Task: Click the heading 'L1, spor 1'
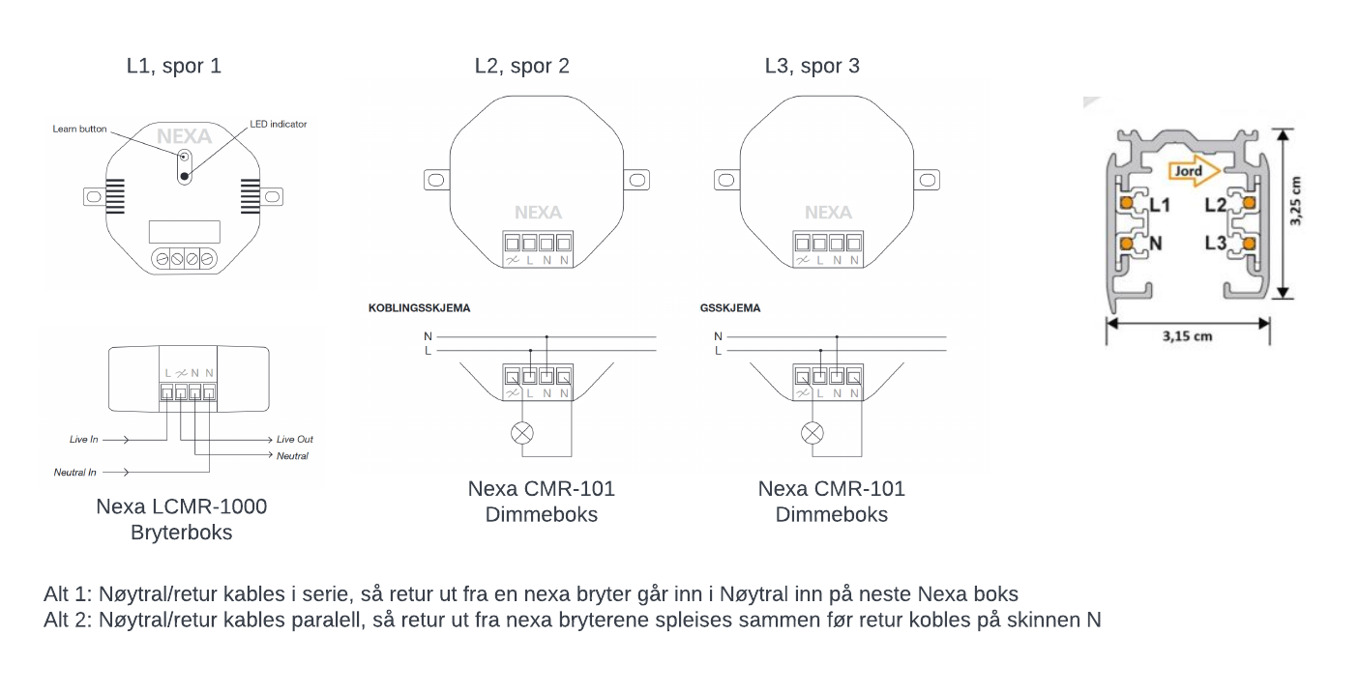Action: coord(173,66)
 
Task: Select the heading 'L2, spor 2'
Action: coord(521,66)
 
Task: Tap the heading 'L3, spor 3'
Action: coord(812,66)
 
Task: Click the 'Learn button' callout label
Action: coord(79,129)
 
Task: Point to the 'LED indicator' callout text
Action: coord(279,124)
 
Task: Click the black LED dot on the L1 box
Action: coord(185,177)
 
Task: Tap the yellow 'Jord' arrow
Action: coord(1194,171)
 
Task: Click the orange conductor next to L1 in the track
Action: coord(1127,203)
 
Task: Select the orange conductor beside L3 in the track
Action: coord(1249,244)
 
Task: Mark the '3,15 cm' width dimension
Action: coord(1187,336)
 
